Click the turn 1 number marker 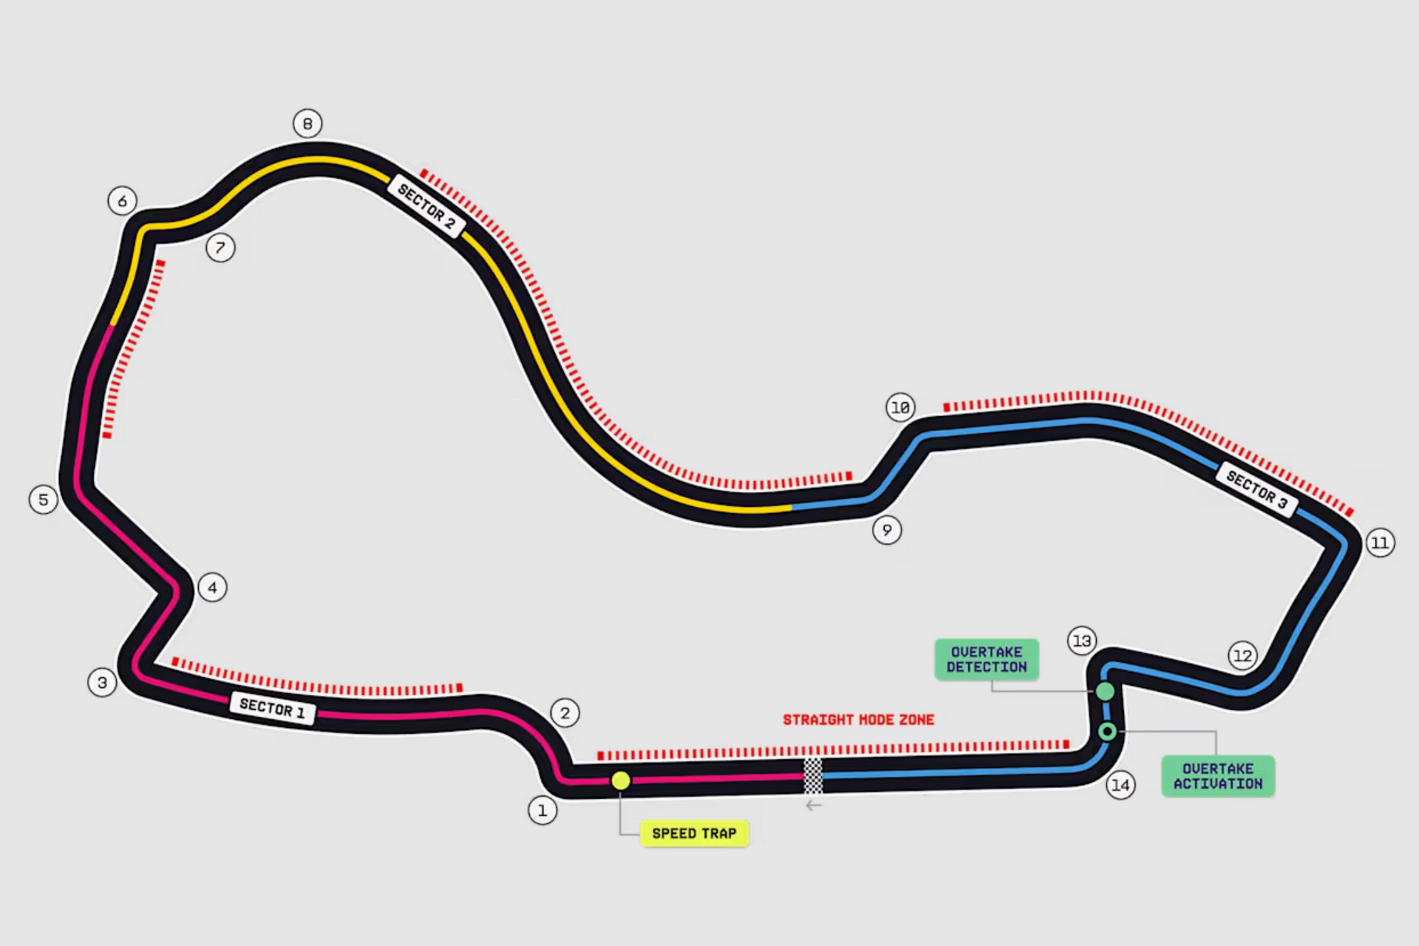(542, 810)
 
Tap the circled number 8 (307, 123)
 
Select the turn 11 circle (1380, 542)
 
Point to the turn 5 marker (44, 500)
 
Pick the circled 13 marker (1082, 641)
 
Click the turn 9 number (887, 530)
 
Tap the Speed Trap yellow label (694, 834)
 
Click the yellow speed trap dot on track (621, 780)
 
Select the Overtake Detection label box (987, 659)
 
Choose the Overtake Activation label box (1218, 776)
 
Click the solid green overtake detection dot (1105, 692)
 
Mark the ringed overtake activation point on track (1107, 732)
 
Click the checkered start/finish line (813, 776)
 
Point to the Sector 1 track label (272, 709)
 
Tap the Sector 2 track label (426, 206)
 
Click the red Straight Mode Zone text (859, 720)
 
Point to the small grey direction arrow (814, 806)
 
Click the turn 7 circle (220, 248)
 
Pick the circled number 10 (900, 407)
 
